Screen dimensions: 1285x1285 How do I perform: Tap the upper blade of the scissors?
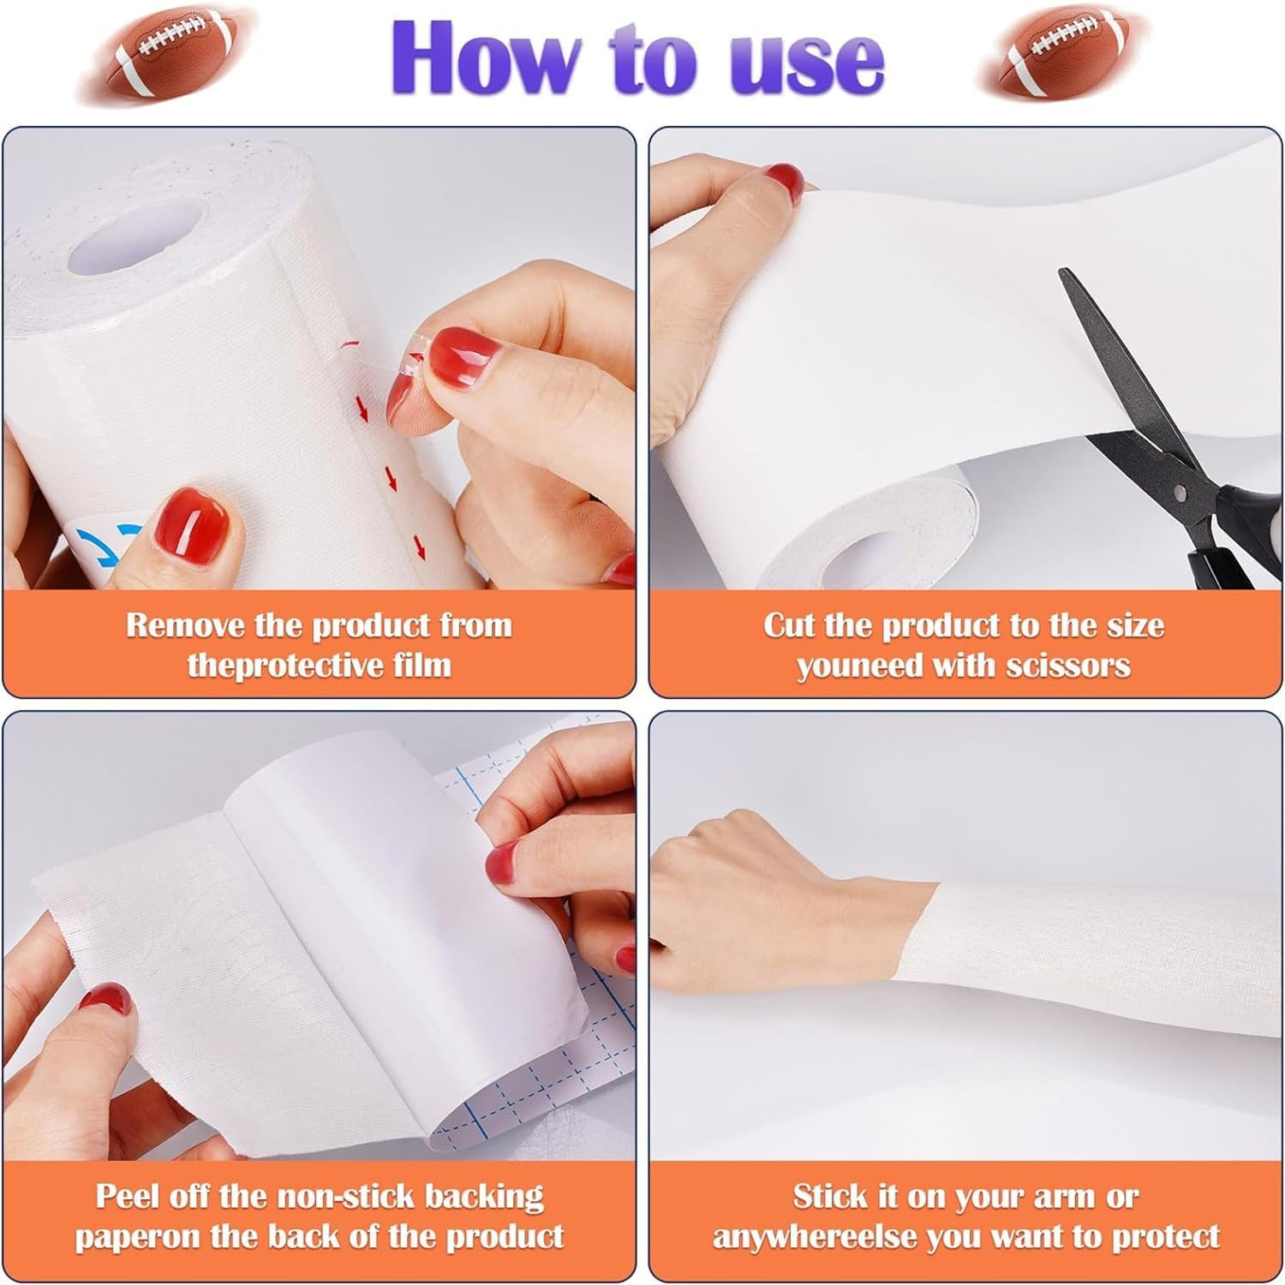coord(1105,343)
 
